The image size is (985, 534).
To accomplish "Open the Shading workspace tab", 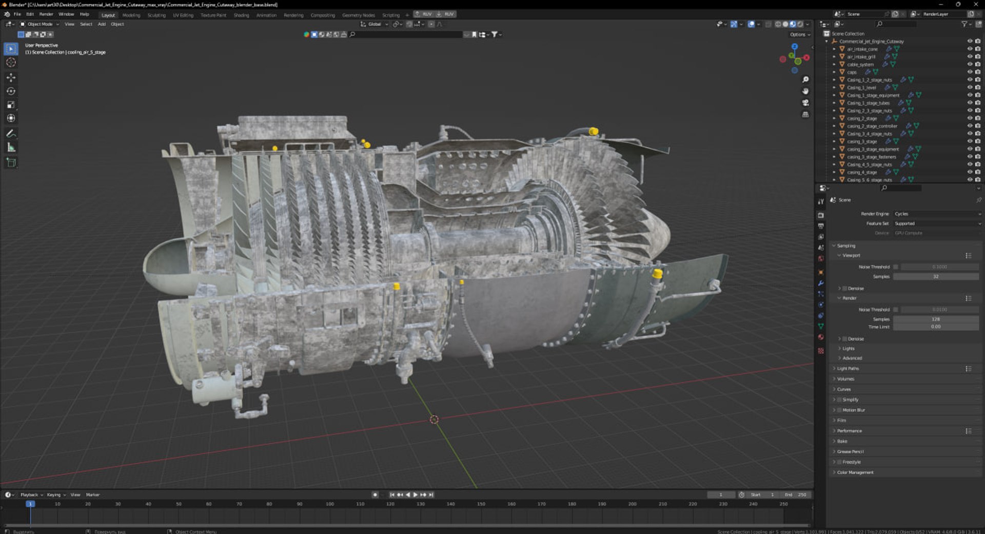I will (x=241, y=15).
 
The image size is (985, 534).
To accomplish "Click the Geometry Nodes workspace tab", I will (x=358, y=15).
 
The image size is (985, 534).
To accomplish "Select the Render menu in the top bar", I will (x=46, y=14).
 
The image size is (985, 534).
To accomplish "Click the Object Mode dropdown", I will (x=40, y=24).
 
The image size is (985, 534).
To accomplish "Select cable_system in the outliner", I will (x=860, y=65).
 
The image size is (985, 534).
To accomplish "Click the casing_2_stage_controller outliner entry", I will (x=872, y=126).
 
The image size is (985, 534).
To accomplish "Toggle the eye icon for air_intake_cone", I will (x=969, y=49).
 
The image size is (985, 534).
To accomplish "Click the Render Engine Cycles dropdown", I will (x=936, y=214).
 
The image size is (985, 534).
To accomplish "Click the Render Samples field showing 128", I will (x=935, y=319).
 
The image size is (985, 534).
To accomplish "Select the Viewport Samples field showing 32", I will (x=935, y=277).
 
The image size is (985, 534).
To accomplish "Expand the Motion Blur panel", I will (x=853, y=410).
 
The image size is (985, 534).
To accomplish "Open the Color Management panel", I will (x=855, y=472).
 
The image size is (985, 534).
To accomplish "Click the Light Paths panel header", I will (x=848, y=369).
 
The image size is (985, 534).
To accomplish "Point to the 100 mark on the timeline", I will (x=330, y=504).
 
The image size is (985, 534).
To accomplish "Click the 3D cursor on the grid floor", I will (x=434, y=420).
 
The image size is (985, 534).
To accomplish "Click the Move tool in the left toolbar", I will (x=11, y=78).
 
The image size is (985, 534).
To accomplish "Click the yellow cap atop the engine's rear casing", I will (x=594, y=131).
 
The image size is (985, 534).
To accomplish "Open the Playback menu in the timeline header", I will (x=29, y=495).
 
